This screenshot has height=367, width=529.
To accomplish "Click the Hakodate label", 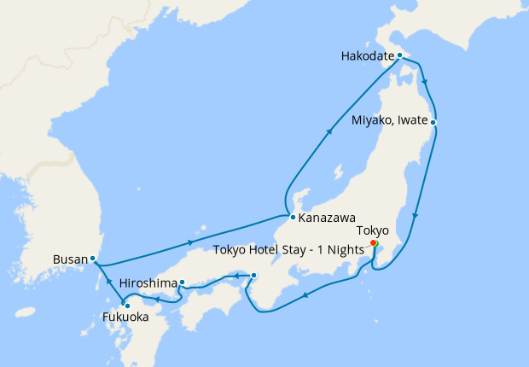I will coord(366,56).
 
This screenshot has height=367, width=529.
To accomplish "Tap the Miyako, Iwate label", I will coord(390,121).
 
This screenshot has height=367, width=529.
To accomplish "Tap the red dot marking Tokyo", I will coord(375,242).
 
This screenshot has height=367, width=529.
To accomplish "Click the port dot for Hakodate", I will coord(400,55).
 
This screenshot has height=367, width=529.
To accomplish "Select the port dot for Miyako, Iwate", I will coord(433,122).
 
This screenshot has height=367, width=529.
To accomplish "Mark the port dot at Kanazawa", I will coord(293,217).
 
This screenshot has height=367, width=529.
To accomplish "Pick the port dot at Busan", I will coord(92,258).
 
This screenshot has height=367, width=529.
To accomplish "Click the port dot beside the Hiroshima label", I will coord(182,282).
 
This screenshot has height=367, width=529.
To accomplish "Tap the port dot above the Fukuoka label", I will coord(126,305).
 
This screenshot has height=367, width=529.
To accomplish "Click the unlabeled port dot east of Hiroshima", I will coord(253,275).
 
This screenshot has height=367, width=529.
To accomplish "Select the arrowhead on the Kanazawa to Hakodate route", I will coord(329,133).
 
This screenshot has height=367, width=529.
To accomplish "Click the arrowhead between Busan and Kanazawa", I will coord(189,244).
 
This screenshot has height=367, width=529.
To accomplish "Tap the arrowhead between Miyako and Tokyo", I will coord(415,217).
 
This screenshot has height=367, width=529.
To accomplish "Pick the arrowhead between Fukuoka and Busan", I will coord(108,283).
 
